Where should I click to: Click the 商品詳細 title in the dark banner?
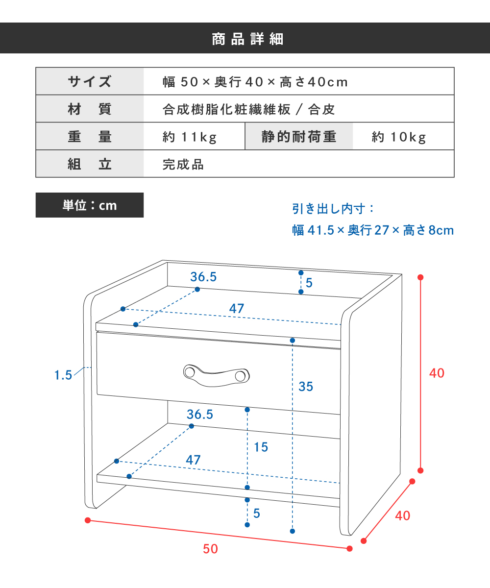click(247, 39)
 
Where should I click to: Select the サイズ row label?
click(90, 81)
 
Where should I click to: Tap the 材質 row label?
click(90, 109)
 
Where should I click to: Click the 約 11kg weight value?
click(190, 137)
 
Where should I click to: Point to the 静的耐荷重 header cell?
click(299, 137)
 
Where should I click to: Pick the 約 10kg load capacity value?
click(399, 137)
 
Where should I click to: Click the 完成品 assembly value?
click(183, 165)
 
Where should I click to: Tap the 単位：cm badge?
click(90, 205)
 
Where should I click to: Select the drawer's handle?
click(216, 375)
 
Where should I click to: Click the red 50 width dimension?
click(210, 549)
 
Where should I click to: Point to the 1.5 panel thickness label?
click(63, 375)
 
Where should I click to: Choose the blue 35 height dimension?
click(306, 387)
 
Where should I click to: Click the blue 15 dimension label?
click(261, 447)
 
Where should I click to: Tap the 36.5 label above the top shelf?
click(203, 277)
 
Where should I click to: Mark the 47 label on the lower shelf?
click(193, 460)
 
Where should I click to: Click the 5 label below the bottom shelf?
click(257, 514)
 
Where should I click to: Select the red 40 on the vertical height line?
click(437, 373)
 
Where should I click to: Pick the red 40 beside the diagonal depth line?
click(402, 516)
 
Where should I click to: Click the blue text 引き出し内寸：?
click(333, 209)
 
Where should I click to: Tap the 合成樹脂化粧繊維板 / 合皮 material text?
click(248, 109)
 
